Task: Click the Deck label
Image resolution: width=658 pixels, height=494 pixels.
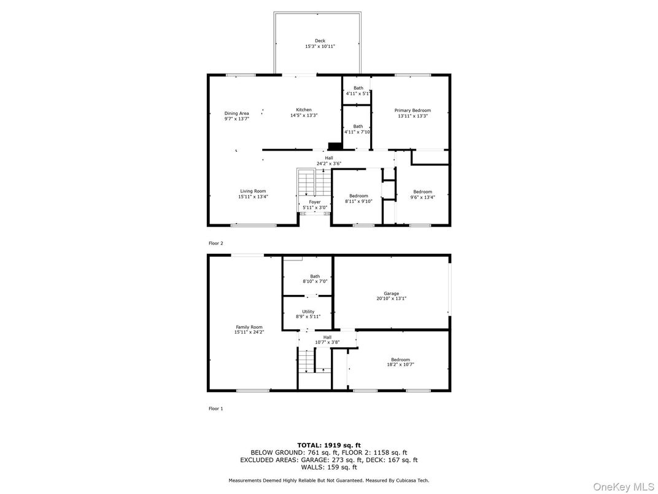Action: coord(320,41)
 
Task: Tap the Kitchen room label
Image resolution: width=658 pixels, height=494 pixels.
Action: coord(304,110)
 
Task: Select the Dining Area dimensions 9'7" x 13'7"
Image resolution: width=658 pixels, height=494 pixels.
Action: coord(236,119)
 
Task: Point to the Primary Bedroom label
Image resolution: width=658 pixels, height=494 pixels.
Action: coord(412,111)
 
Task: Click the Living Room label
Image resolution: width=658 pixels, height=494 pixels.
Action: coord(253,191)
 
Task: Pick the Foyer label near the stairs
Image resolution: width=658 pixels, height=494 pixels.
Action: coord(315,202)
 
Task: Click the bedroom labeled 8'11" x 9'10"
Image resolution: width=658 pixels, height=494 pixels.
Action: coord(358,196)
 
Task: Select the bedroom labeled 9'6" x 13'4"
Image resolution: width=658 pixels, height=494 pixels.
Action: coord(422,192)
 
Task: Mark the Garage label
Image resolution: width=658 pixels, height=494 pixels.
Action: coord(392,294)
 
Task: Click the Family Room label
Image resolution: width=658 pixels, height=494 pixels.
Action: coord(249,327)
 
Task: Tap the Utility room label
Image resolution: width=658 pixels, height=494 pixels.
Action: coord(308,312)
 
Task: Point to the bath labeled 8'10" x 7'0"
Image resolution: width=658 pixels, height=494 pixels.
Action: coord(315,276)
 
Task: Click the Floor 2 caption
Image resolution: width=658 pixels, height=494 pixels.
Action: coord(216,243)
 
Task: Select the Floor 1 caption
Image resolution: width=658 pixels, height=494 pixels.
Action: coord(216,408)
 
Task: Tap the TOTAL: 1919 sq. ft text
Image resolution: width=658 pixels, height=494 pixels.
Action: coord(329,445)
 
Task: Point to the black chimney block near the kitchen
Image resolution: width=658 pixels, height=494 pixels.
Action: coord(335,146)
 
